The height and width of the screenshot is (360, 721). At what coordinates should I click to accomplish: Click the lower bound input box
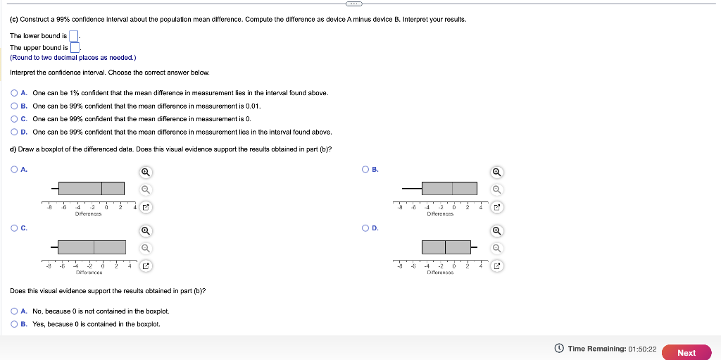[74, 36]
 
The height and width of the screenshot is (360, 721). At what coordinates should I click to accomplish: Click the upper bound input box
[75, 48]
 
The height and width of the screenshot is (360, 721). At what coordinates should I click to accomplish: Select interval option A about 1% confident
[15, 93]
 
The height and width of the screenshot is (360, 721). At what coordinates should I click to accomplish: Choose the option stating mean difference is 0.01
[15, 106]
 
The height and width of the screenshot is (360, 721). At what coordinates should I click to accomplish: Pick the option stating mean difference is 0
[15, 119]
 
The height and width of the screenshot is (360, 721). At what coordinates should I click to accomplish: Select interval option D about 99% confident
[15, 132]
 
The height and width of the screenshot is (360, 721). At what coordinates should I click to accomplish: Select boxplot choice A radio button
[15, 169]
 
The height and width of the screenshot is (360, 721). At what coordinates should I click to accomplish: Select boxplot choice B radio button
[365, 169]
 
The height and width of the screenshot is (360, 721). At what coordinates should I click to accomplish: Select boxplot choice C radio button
[15, 228]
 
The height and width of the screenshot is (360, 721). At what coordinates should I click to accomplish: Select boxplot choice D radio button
[365, 228]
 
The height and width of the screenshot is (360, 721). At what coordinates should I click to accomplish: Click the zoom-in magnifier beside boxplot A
[145, 172]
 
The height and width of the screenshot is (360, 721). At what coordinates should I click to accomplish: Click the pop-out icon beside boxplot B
[496, 207]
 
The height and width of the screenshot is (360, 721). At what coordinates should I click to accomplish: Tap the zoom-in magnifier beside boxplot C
[145, 230]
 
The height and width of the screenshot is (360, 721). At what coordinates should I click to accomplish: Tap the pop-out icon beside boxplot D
[496, 266]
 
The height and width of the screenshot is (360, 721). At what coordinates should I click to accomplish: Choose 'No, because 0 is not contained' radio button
[15, 311]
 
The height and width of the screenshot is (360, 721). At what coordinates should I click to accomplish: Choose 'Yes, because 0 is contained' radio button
[15, 324]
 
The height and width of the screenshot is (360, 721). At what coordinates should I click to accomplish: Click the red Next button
[686, 353]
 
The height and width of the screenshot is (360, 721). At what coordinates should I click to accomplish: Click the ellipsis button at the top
[360, 3]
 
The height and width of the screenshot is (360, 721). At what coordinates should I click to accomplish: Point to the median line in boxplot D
[445, 247]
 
